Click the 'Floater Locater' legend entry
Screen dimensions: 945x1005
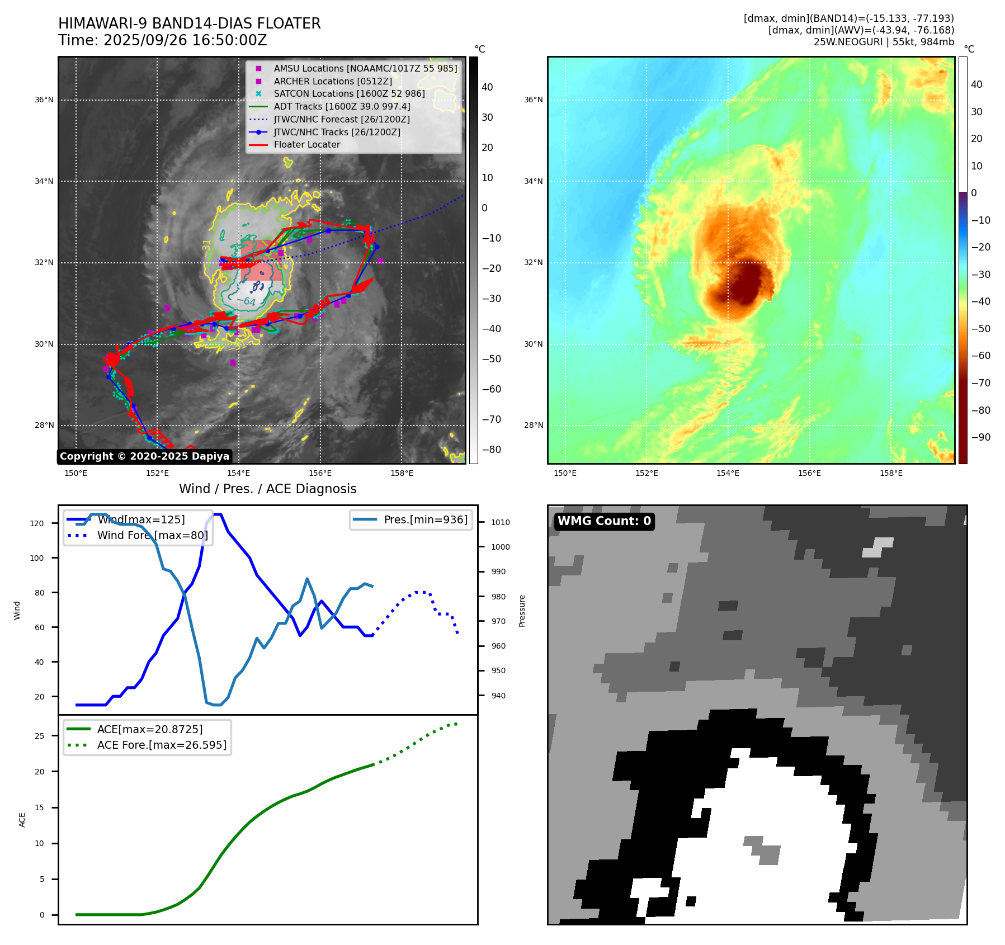[306, 145]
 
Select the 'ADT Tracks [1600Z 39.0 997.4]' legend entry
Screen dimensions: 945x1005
[342, 106]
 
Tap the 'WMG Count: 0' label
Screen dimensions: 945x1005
[604, 521]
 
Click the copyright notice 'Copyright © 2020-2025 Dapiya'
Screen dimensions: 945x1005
[144, 456]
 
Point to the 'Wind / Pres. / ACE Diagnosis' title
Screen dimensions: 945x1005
[267, 489]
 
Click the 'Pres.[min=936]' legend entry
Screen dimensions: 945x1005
[425, 519]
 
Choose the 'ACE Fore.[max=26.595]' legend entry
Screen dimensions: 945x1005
[162, 745]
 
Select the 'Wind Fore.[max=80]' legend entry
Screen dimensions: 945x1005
[152, 535]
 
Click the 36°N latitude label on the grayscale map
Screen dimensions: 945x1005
[44, 100]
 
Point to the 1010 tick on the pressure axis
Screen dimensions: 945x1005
[501, 522]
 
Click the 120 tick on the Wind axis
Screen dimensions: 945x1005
[37, 523]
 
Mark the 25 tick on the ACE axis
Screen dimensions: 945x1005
[40, 736]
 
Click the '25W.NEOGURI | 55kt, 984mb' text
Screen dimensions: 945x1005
[884, 42]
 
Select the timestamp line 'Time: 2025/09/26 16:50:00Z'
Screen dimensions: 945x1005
[163, 40]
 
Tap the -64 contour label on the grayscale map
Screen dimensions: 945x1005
[246, 301]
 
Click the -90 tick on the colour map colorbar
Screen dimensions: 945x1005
[980, 437]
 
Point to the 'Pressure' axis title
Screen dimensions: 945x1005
[522, 611]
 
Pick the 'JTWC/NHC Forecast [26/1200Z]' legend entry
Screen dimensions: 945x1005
[342, 119]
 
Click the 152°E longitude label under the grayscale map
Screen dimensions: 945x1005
[157, 474]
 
